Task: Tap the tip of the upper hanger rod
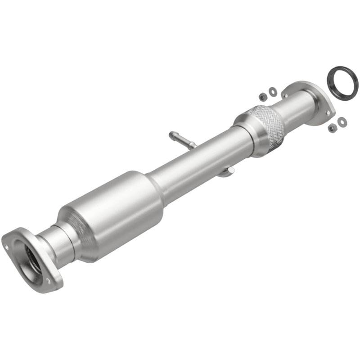171,134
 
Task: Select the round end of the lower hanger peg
230,170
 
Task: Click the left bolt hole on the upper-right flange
284,95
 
